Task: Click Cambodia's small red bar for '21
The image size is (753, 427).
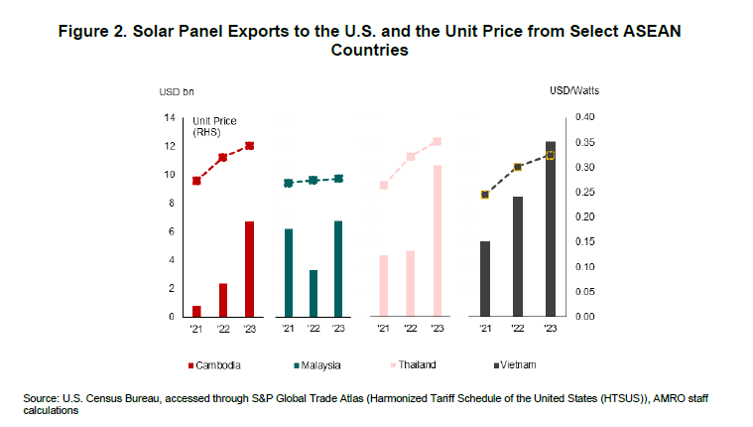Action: pos(196,311)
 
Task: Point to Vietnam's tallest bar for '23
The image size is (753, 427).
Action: pos(551,228)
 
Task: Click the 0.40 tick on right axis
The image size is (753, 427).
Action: pos(585,117)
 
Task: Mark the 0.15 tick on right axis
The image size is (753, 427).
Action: pos(585,241)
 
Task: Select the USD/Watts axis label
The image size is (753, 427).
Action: pos(574,91)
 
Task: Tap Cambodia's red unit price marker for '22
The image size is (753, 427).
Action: pos(222,157)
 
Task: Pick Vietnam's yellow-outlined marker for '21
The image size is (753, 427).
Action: pos(485,195)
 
